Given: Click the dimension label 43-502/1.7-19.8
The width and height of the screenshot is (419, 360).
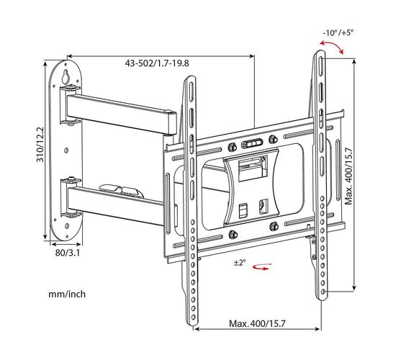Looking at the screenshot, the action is [157, 63].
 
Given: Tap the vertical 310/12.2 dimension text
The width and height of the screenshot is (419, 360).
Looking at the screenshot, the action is [40, 144].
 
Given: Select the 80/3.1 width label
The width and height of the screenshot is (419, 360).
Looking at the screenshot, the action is [68, 253].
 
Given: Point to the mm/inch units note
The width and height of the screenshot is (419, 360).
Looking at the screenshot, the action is [67, 294].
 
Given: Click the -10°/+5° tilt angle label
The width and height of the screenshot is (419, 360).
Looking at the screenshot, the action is [338, 33].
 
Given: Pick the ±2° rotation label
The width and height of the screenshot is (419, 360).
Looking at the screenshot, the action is [240, 263].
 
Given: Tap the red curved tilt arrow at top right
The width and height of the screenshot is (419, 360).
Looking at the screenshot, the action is [332, 47].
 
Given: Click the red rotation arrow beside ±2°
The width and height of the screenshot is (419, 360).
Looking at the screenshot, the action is [262, 266].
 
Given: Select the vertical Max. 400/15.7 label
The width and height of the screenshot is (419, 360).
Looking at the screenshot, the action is [348, 176].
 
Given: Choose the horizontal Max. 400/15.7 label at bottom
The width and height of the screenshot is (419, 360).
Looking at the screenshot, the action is [257, 324].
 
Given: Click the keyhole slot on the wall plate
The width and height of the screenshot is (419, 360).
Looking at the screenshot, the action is [66, 77].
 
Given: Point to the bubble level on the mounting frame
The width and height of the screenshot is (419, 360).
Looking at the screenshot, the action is [252, 144].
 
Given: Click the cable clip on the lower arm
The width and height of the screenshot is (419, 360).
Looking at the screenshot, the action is [121, 191].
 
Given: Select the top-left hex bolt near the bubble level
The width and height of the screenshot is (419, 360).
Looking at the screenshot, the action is [232, 147].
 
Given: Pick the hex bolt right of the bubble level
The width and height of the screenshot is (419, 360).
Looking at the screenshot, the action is [273, 139].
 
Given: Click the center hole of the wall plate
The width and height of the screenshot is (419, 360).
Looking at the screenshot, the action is [66, 150].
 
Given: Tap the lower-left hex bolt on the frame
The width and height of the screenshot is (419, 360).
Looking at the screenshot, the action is [233, 235].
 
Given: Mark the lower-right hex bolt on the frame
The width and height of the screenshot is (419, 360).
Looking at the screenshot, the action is [274, 227].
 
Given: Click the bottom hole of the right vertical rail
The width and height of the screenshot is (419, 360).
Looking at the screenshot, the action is [323, 292].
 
